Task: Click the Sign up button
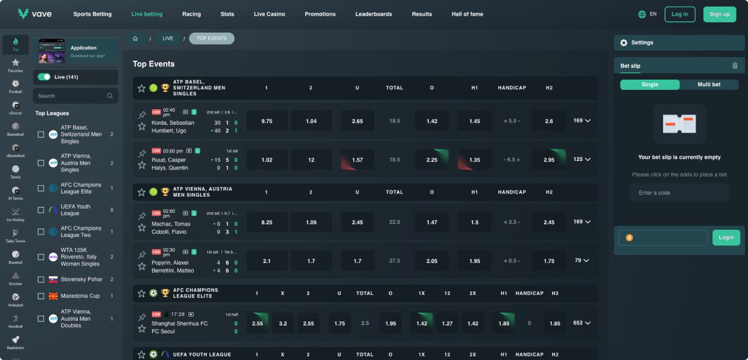719,14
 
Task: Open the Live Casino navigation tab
269,14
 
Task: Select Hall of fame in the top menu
467,14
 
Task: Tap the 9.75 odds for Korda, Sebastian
267,121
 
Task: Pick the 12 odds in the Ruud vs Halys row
311,160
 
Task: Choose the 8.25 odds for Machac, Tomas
267,223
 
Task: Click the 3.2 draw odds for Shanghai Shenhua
283,324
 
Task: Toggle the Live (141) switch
44,77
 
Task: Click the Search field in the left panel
69,96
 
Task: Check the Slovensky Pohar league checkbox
41,280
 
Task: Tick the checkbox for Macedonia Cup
41,297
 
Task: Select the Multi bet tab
709,84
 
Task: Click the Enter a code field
679,193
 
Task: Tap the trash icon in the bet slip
735,66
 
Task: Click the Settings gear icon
624,43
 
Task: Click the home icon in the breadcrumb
135,39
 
